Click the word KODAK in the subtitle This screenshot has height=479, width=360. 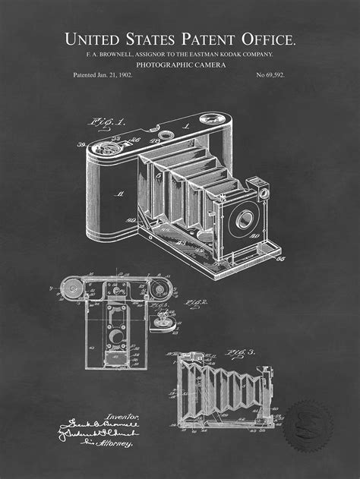click(228, 55)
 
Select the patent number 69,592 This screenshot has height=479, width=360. click(271, 75)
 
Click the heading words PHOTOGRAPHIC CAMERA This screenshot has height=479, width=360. click(179, 65)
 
